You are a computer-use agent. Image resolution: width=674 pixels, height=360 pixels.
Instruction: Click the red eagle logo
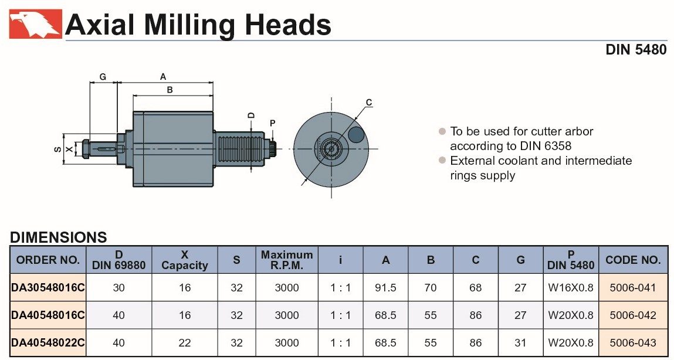pyautogui.click(x=35, y=24)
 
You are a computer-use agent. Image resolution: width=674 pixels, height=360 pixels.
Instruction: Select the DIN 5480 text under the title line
pyautogui.click(x=636, y=50)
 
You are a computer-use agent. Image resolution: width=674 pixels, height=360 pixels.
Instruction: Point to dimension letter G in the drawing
pyautogui.click(x=103, y=77)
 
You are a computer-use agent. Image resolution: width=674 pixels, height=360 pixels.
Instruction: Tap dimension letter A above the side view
pyautogui.click(x=164, y=76)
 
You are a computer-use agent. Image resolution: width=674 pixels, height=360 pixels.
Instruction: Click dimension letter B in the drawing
pyautogui.click(x=170, y=90)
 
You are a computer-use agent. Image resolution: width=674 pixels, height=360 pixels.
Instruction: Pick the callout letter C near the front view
pyautogui.click(x=368, y=103)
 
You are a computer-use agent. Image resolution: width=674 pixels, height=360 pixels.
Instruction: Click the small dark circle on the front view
pyautogui.click(x=355, y=135)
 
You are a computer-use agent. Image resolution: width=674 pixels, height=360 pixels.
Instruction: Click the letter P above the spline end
pyautogui.click(x=272, y=123)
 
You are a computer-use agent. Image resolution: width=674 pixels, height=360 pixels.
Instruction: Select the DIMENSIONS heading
pyautogui.click(x=59, y=237)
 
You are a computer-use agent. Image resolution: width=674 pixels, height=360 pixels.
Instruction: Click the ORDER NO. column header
pyautogui.click(x=48, y=260)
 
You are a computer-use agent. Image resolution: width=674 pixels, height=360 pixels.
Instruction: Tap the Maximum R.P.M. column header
pyautogui.click(x=287, y=260)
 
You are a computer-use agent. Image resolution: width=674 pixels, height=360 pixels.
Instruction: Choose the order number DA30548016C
pyautogui.click(x=48, y=288)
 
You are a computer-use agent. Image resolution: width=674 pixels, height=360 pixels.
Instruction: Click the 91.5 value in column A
pyautogui.click(x=385, y=288)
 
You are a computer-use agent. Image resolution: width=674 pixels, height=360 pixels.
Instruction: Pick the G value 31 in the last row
pyautogui.click(x=520, y=343)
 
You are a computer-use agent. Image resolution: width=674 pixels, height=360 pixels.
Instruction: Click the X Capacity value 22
pyautogui.click(x=185, y=343)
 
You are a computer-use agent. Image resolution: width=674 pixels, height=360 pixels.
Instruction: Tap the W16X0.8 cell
pyautogui.click(x=571, y=288)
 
